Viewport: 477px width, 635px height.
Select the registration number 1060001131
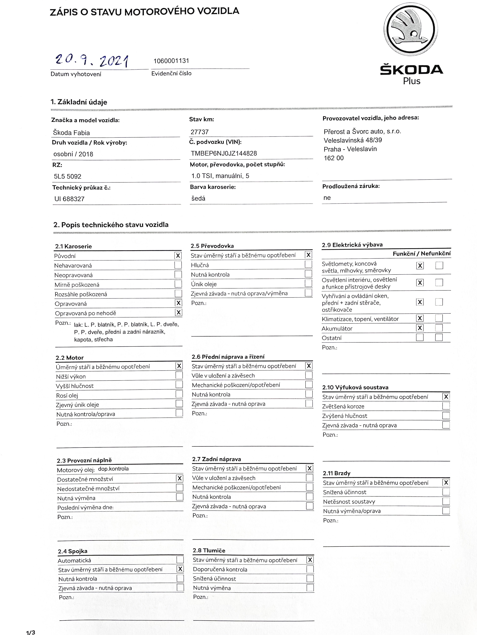171,61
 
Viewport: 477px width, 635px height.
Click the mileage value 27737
200,132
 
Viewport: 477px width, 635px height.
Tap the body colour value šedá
198,198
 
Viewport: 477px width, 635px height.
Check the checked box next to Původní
178,255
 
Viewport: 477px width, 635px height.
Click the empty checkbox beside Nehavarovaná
178,265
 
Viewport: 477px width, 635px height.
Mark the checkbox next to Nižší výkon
179,375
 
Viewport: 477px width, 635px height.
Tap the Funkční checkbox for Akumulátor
420,328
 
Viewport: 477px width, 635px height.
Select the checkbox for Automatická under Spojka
180,560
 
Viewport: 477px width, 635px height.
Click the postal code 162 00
333,158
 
